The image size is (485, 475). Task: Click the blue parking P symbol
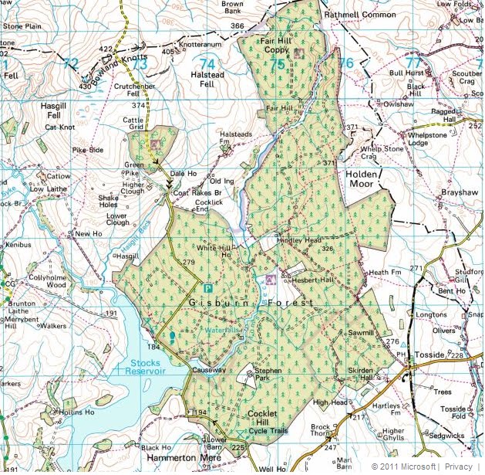pyautogui.click(x=205, y=286)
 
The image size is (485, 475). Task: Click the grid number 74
pyautogui.click(x=207, y=63)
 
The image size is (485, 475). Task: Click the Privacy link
pyautogui.click(x=468, y=467)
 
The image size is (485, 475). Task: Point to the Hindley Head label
pyautogui.click(x=298, y=240)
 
